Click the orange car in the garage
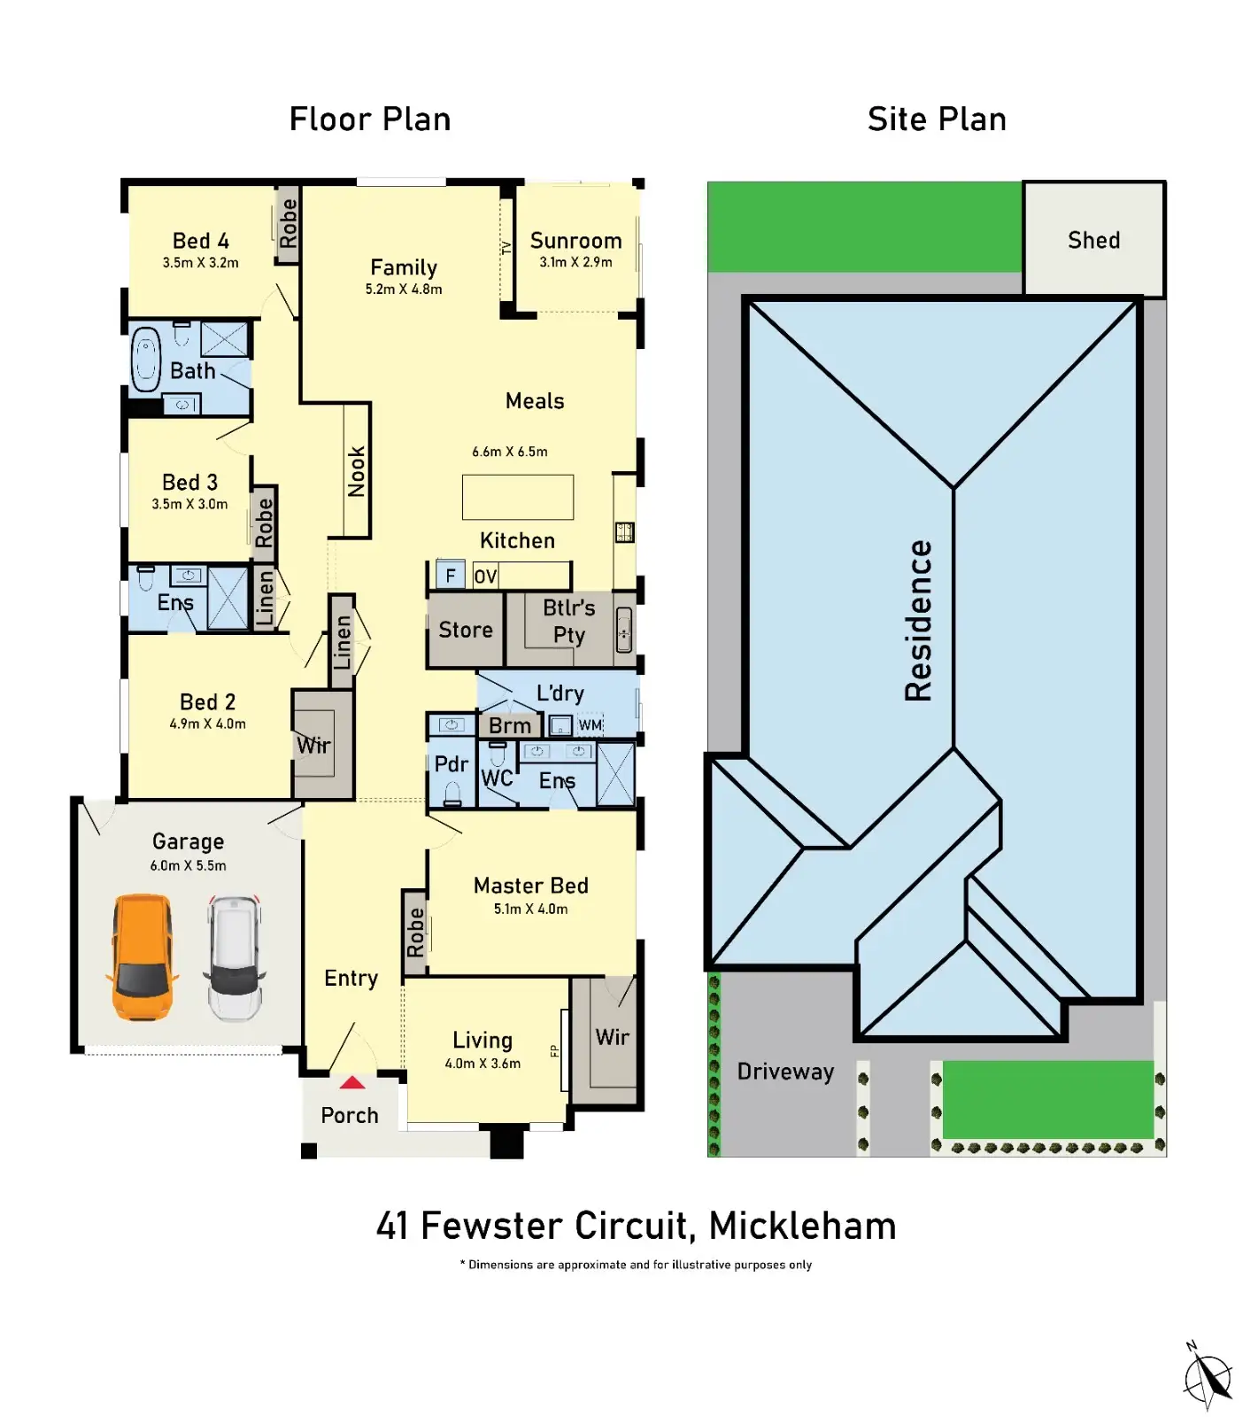(x=142, y=956)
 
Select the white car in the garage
(x=235, y=956)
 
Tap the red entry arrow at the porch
(x=352, y=1082)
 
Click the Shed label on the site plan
(x=1093, y=240)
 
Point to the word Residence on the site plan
(x=919, y=621)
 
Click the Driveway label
(x=785, y=1072)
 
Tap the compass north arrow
(x=1208, y=1377)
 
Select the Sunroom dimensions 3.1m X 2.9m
(x=575, y=262)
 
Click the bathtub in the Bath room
(x=145, y=361)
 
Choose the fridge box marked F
(x=451, y=576)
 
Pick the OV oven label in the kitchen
(x=485, y=577)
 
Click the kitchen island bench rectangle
(x=518, y=497)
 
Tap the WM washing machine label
(x=591, y=726)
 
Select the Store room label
(x=466, y=630)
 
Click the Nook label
(x=357, y=471)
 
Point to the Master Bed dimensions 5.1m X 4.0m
(x=530, y=909)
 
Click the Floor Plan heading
(x=370, y=120)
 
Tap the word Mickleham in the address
(x=802, y=1227)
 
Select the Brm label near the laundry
(x=510, y=726)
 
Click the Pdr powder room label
(x=451, y=763)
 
